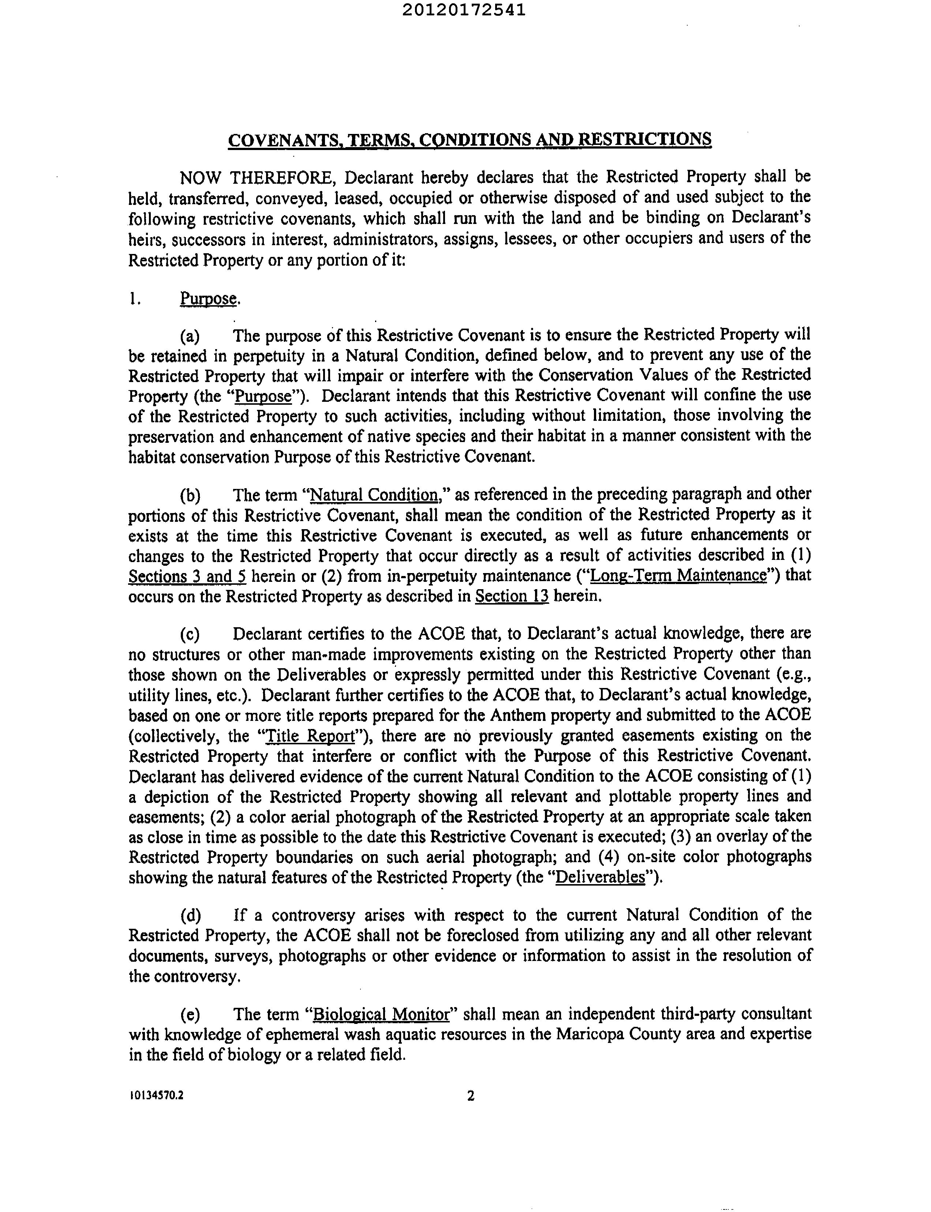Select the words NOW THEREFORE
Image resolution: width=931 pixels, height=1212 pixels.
(256, 178)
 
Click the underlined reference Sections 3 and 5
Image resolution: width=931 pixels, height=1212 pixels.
(187, 577)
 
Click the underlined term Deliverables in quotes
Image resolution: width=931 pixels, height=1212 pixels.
(600, 878)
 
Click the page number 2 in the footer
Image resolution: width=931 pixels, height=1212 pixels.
(471, 1096)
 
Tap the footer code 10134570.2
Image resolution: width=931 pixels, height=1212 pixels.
(156, 1096)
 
